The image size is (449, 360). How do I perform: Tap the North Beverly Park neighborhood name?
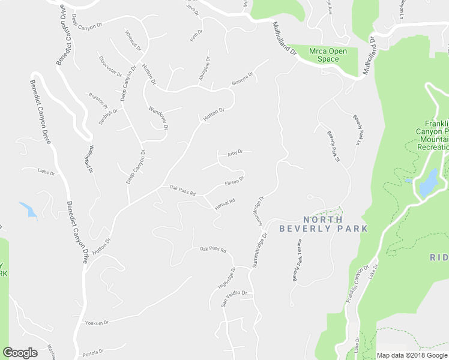click(324, 224)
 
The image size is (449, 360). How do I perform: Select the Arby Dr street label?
click(235, 152)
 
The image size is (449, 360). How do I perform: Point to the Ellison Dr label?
click(234, 181)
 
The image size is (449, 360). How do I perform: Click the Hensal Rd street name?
click(224, 204)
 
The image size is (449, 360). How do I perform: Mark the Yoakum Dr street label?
click(97, 323)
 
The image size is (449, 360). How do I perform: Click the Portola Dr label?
click(93, 352)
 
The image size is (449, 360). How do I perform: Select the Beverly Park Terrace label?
click(298, 260)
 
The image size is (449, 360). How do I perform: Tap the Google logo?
click(20, 353)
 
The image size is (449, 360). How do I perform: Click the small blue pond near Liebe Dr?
click(28, 209)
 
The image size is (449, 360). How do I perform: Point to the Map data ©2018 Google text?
click(412, 355)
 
